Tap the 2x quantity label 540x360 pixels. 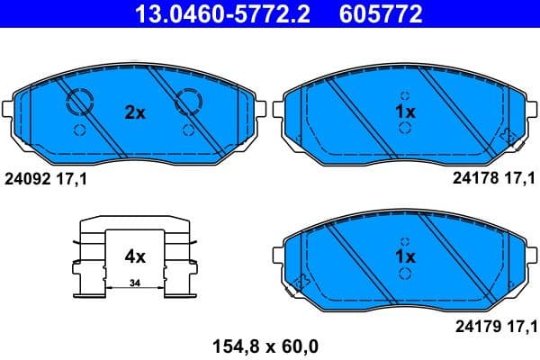tap(134, 112)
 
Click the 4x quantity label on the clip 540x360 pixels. tap(134, 256)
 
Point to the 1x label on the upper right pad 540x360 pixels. tap(405, 112)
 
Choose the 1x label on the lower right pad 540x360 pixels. tap(405, 256)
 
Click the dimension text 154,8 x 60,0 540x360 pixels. tap(265, 344)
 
